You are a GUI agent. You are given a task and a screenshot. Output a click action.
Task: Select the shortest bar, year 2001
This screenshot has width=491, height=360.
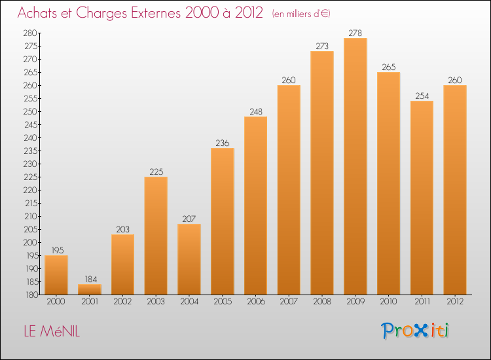pos(89,289)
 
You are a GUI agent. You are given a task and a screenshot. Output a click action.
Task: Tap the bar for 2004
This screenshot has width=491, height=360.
pos(189,259)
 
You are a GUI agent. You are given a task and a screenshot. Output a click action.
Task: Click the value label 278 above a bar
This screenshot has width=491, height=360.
pos(355,33)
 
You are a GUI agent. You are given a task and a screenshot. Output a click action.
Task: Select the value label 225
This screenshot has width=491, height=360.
pos(156,171)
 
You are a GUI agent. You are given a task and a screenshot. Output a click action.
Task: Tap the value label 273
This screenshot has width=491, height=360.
pos(322,46)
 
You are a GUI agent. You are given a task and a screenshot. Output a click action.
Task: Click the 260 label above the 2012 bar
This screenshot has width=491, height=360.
pos(455,80)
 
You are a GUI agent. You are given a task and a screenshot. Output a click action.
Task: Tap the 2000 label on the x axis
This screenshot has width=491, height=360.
pos(56,302)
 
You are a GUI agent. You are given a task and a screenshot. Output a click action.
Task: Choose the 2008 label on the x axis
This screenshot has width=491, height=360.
pos(322,302)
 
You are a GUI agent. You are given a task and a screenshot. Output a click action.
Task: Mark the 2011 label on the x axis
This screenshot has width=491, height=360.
pos(422,302)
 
